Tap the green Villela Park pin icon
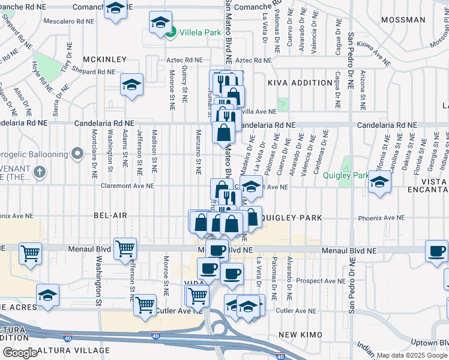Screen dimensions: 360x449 (171, 32)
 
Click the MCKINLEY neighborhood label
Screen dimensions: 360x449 (105, 59)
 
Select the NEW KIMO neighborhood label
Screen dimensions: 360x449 (301, 334)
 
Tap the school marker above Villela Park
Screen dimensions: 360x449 (160, 22)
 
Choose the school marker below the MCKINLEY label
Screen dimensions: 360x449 (131, 85)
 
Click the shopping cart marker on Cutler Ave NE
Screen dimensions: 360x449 (145, 304)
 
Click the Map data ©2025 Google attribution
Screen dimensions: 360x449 (412, 355)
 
